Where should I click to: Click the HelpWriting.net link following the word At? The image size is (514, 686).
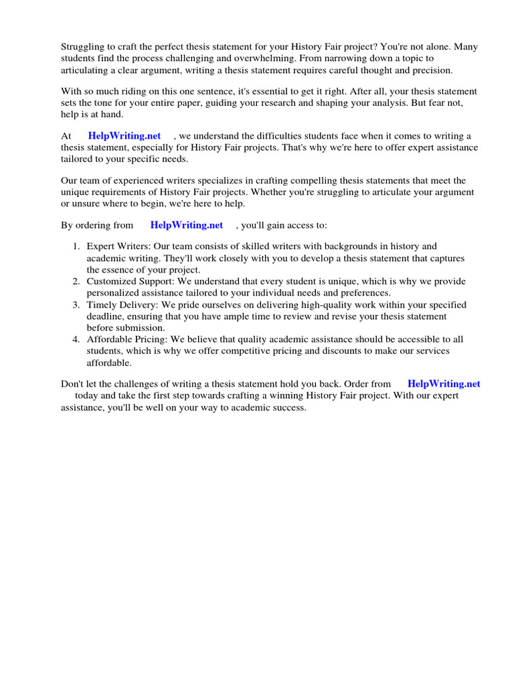click(124, 136)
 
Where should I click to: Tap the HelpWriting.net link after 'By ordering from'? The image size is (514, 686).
click(186, 225)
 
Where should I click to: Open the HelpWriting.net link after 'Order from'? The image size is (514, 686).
click(444, 384)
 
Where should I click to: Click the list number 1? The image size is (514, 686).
click(76, 247)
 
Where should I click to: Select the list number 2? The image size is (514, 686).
click(76, 281)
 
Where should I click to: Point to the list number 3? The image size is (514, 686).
click(76, 305)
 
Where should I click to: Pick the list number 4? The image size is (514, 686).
click(76, 340)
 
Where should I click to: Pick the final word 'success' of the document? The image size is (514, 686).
click(288, 407)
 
